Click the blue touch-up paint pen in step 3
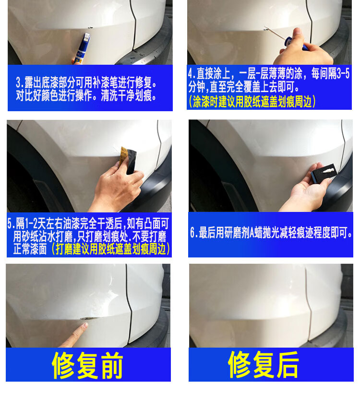point(83,48)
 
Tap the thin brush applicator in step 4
point(276,33)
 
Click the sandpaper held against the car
point(128,160)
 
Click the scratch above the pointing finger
point(88,318)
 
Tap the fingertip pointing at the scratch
point(85,326)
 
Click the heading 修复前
point(87,365)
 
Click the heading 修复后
point(263,364)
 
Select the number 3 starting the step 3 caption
point(19,82)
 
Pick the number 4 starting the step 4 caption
point(191,74)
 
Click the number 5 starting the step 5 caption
point(10,223)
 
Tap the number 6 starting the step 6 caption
point(192,233)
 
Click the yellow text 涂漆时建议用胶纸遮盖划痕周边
point(252,102)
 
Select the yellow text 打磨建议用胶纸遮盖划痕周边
point(110,249)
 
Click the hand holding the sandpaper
point(118,187)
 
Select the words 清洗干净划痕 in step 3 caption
point(126,96)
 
